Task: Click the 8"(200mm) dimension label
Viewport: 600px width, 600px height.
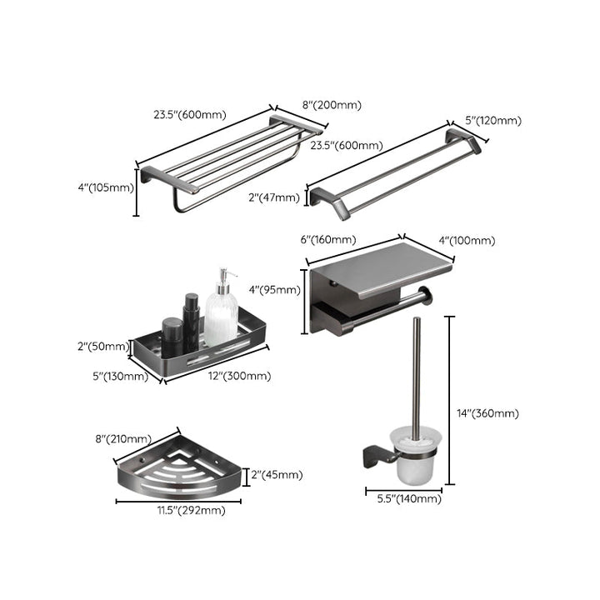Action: [331, 105]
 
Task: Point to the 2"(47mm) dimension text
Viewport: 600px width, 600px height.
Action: [273, 197]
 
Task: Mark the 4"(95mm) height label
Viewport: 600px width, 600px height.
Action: [273, 291]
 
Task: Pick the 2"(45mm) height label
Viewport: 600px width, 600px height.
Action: [277, 475]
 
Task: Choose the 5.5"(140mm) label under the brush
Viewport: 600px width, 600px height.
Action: [403, 498]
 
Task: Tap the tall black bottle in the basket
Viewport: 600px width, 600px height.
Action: [192, 320]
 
